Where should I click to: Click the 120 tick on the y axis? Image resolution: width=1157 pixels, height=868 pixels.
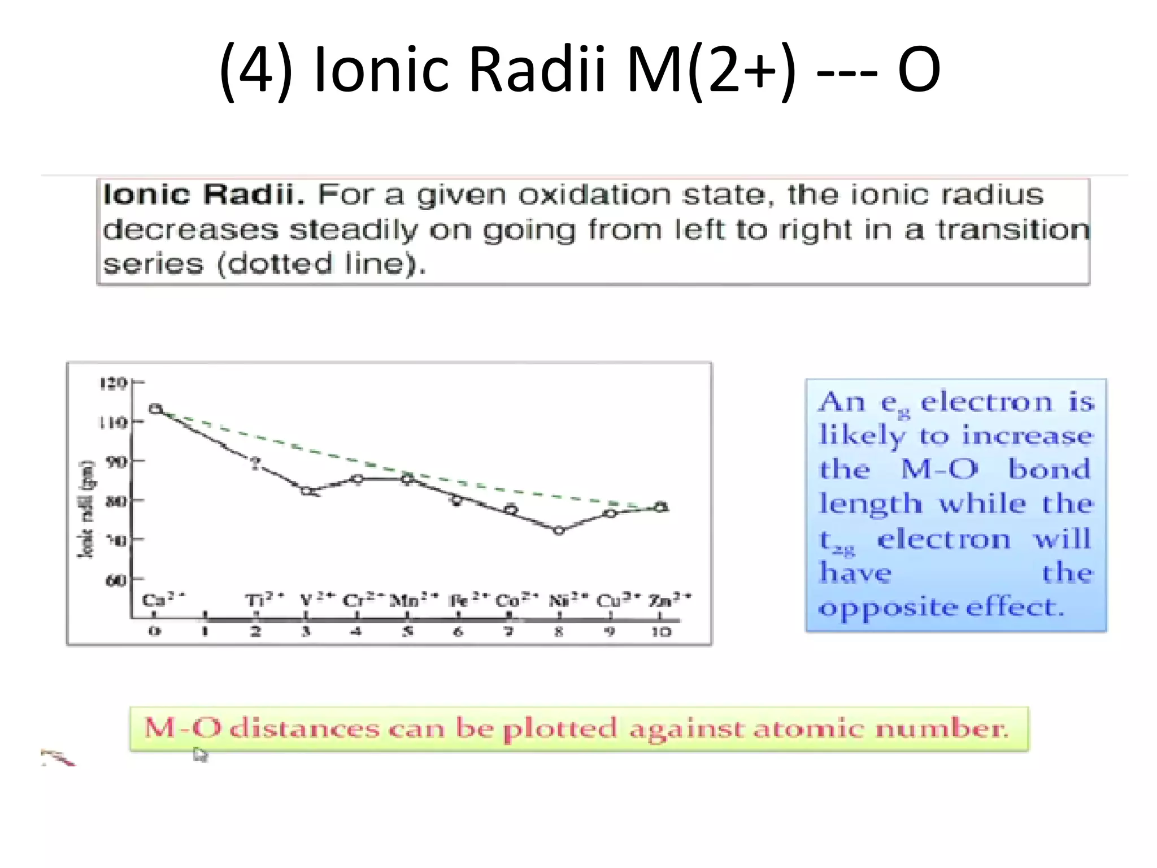(x=112, y=383)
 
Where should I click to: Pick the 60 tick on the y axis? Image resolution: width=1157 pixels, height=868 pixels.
(x=116, y=580)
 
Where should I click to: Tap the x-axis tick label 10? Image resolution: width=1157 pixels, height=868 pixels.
(x=660, y=632)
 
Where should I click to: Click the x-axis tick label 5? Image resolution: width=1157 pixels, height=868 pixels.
(x=408, y=632)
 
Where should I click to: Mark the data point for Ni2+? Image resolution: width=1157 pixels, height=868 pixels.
(x=559, y=530)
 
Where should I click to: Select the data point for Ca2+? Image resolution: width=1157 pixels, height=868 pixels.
(x=155, y=409)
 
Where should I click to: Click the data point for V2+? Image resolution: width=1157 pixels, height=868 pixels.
(x=307, y=491)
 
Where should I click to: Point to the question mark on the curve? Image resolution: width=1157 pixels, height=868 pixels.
(x=256, y=463)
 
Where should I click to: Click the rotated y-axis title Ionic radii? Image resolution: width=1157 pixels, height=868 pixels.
(x=86, y=509)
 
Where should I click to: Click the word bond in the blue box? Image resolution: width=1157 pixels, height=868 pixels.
(x=1050, y=469)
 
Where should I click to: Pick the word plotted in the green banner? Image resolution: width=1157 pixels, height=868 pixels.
(x=560, y=729)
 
